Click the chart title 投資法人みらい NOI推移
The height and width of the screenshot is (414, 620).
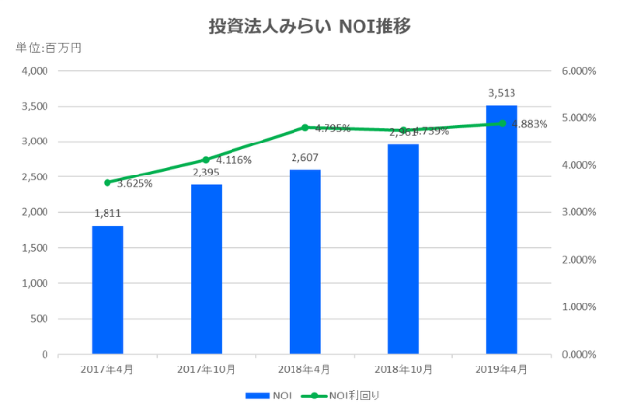(x=310, y=26)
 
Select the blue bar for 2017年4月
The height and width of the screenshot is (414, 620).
(x=108, y=290)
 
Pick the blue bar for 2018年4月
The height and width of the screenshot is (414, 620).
(x=305, y=262)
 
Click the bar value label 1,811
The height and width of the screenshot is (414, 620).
(x=108, y=214)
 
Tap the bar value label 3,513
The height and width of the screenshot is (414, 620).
(x=502, y=93)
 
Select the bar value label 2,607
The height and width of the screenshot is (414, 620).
(x=305, y=157)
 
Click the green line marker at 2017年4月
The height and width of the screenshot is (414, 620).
(x=108, y=182)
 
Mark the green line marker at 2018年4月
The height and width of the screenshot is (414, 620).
(x=305, y=127)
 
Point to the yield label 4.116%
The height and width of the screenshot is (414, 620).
(x=234, y=160)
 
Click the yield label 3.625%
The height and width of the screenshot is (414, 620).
(x=135, y=183)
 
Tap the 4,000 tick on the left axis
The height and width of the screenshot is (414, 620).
(x=35, y=71)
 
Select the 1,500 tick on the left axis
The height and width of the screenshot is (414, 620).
(x=35, y=248)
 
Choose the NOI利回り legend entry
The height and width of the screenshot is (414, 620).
(x=340, y=395)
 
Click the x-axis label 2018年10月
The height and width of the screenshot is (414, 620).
(x=404, y=370)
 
